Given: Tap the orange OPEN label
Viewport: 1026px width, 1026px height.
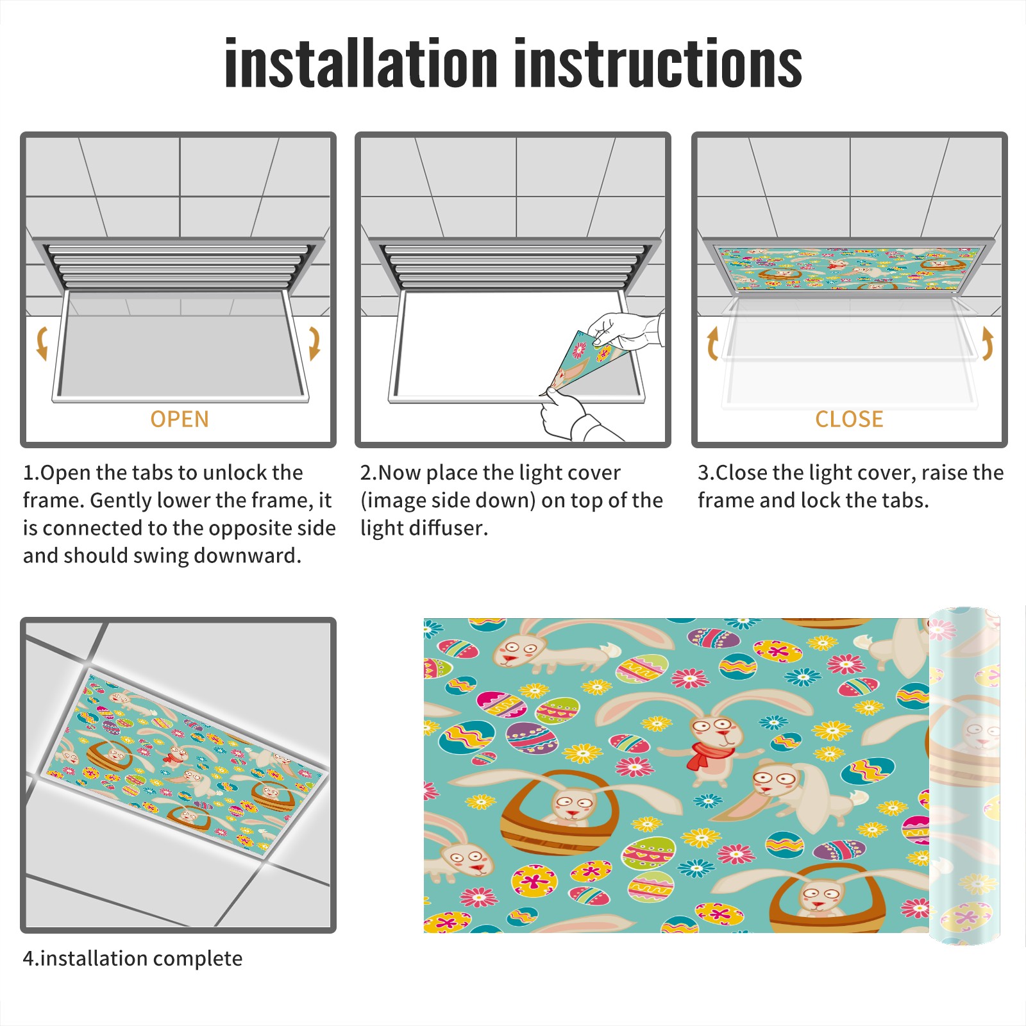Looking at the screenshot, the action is (180, 419).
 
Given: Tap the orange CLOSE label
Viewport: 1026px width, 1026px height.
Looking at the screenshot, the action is (849, 419).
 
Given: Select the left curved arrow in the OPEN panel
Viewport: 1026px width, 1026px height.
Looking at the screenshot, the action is (42, 343).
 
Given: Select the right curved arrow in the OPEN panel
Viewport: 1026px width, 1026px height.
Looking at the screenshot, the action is (314, 343).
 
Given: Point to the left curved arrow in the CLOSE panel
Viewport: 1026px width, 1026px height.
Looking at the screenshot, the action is (712, 343).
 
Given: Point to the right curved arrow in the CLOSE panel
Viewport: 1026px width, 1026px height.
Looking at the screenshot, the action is (988, 343).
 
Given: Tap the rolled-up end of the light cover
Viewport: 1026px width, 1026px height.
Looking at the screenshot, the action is (964, 776).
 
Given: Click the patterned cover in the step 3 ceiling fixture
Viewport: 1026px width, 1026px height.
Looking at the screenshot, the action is (850, 268).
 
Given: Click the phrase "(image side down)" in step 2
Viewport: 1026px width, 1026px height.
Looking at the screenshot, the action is (448, 500).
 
